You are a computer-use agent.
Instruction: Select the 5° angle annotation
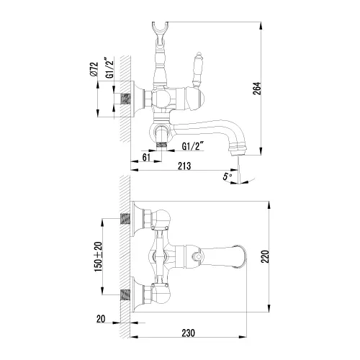tap(228, 175)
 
